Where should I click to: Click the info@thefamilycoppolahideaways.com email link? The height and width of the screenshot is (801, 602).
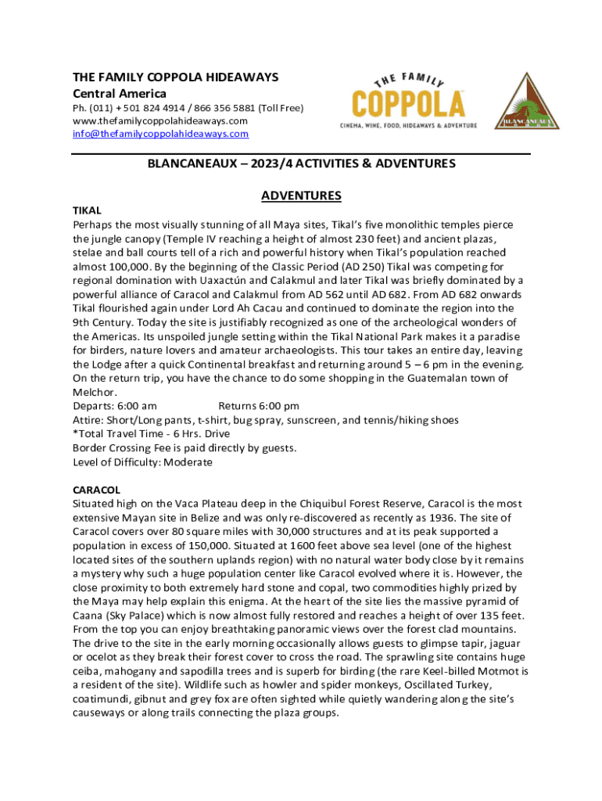point(160,134)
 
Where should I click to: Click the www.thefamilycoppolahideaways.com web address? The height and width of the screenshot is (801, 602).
point(159,120)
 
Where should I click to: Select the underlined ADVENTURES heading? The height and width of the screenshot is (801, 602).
point(301,196)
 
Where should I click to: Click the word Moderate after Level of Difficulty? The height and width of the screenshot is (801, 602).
point(187,462)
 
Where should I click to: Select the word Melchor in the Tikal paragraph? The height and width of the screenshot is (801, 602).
point(95,392)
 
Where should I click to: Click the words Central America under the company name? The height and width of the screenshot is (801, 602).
point(120,94)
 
